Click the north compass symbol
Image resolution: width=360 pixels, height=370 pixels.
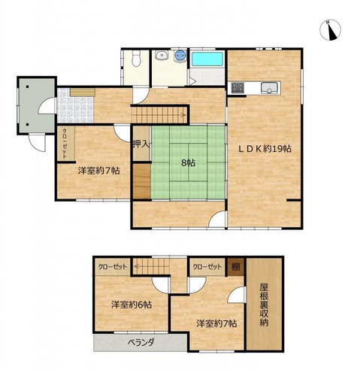coord(330,29)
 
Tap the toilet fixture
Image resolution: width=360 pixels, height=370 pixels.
coord(136,59)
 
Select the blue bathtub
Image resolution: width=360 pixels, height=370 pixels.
coord(207,59)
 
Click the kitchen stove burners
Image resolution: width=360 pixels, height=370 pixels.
coord(237,88)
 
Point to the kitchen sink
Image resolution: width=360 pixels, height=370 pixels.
coord(269,88)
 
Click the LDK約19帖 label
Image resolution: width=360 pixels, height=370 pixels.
coord(265,149)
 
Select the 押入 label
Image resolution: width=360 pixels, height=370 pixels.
coord(141,144)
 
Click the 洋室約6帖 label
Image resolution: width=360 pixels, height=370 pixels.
coord(132,305)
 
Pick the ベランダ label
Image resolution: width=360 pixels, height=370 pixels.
coord(141,342)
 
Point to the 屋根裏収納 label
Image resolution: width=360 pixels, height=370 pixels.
coord(264,305)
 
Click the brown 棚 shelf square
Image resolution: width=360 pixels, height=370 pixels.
coord(235,266)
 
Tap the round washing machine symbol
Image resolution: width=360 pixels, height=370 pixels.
coord(180,55)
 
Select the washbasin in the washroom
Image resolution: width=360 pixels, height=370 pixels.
coord(160,55)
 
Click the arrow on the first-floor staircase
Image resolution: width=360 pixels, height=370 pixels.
coord(183,115)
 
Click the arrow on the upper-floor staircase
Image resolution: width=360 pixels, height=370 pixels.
coord(136,266)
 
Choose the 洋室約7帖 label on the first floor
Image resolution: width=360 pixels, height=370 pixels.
coord(98,171)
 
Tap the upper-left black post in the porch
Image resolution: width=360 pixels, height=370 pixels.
coord(27,86)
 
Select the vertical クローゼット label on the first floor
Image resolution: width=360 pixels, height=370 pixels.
coord(65,144)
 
